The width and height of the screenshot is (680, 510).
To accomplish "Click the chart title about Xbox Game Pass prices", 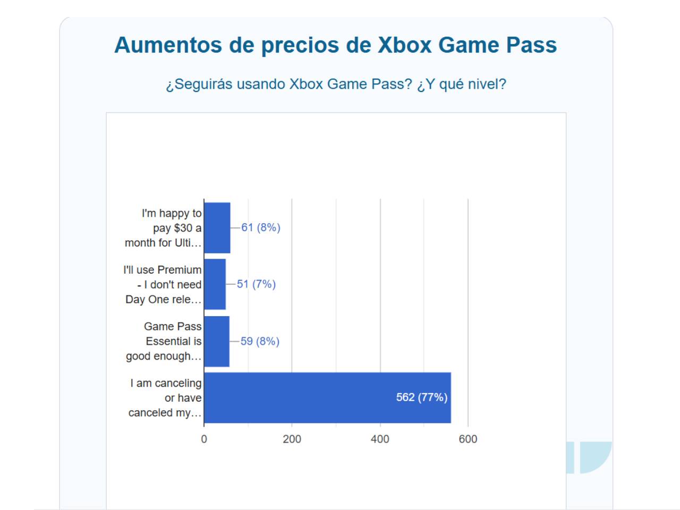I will click(x=335, y=45).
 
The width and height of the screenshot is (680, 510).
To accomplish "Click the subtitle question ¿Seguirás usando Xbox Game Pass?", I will click(x=335, y=84).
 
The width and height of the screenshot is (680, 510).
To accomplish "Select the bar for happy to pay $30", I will click(x=217, y=228).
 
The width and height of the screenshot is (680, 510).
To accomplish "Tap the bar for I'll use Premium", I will click(x=215, y=284).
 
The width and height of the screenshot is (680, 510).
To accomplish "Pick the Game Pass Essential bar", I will click(x=217, y=341).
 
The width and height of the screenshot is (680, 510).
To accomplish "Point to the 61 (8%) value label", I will click(x=261, y=227).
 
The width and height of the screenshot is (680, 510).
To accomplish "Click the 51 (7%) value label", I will click(x=256, y=284).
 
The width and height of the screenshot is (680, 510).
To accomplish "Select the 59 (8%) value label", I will click(x=260, y=341).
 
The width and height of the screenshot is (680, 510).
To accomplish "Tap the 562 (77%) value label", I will click(x=422, y=397).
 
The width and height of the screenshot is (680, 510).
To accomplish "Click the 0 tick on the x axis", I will click(x=204, y=439).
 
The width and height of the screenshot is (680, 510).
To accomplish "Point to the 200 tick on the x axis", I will click(x=292, y=439).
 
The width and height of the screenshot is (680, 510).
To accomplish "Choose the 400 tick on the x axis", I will click(x=380, y=439).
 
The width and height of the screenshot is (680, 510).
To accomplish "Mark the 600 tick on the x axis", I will click(x=468, y=439).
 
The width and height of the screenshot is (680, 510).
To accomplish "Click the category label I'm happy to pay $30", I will click(x=164, y=228).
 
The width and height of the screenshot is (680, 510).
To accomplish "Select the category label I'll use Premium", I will click(x=163, y=285).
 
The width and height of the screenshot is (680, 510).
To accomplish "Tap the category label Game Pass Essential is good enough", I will click(x=164, y=341).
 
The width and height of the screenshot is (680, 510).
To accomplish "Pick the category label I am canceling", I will click(x=165, y=398).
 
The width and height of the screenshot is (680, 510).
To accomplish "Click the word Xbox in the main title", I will click(x=405, y=45).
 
